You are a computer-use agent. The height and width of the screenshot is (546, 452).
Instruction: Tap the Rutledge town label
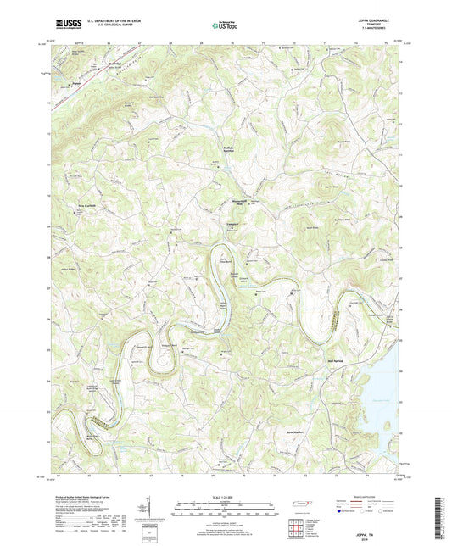(x=95, y=64)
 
